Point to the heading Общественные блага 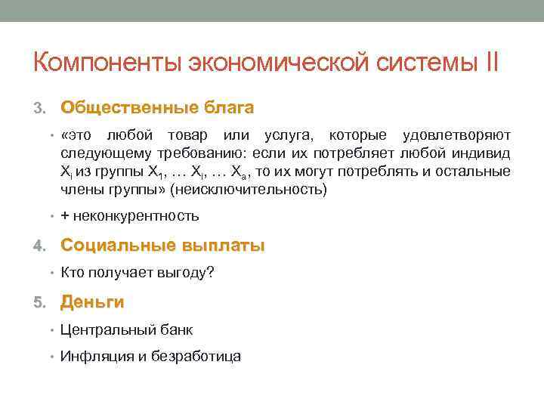tap(157, 107)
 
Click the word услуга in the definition tap(291, 135)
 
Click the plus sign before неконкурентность tap(65, 216)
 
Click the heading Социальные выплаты tap(162, 245)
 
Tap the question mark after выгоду tap(210, 273)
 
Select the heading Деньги tap(92, 302)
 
